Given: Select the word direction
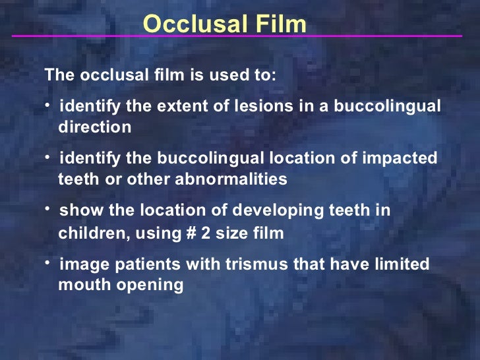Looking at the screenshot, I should click(95, 127).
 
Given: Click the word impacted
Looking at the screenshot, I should click(404, 159).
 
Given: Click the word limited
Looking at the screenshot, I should click(401, 264).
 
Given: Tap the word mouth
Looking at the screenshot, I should click(78, 285).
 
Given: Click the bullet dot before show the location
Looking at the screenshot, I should click(48, 208).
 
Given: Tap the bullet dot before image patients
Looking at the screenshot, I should click(48, 262).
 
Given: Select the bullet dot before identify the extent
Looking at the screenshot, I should click(48, 104).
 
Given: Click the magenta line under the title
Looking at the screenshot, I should click(237, 36).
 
